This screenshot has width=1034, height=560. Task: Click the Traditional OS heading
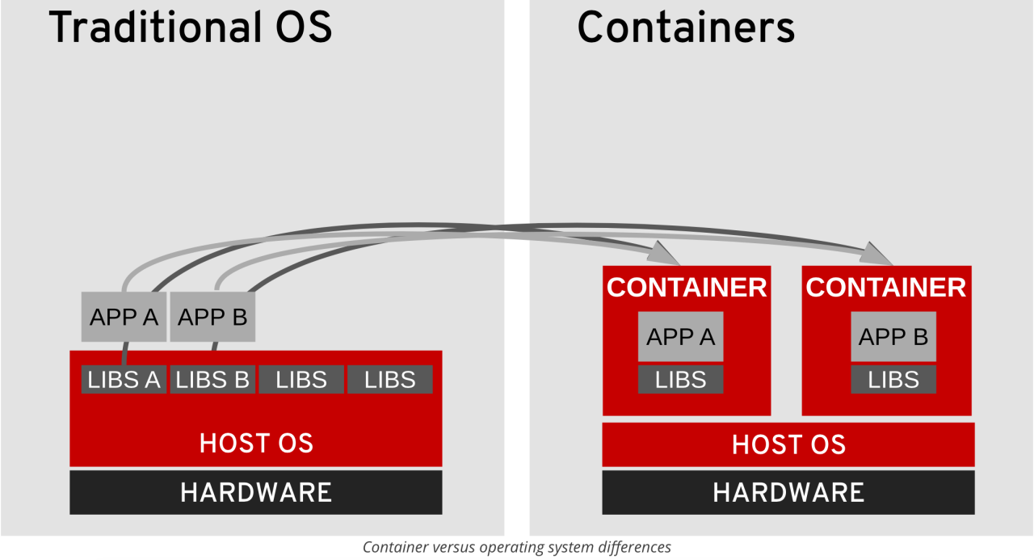191,27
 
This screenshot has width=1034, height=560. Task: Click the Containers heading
686,27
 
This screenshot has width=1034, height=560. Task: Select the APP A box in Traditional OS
124,317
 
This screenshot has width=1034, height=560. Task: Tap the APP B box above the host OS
212,317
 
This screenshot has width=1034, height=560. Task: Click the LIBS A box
124,380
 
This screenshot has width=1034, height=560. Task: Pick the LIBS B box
212,380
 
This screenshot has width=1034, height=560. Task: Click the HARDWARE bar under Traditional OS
255,492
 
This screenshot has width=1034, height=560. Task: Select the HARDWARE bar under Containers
788,492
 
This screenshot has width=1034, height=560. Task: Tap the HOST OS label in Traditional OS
256,443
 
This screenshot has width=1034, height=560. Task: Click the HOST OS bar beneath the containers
788,444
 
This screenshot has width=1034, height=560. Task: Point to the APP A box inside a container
680,336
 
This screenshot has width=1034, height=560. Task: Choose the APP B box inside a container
893,336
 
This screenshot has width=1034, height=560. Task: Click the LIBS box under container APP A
680,380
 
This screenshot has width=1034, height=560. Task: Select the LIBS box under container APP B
893,380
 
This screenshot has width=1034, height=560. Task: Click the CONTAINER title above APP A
687,288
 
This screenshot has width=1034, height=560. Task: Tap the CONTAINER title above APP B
886,288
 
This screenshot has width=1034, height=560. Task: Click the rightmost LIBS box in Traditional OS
390,380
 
